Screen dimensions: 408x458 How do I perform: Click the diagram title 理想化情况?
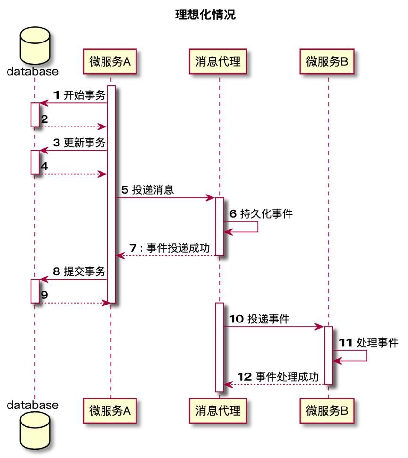(205, 15)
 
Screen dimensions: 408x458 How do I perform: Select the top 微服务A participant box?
(110, 61)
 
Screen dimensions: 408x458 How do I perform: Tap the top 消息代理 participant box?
(218, 61)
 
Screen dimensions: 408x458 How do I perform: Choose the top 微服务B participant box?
(327, 61)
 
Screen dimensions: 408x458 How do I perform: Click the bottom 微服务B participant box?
(327, 411)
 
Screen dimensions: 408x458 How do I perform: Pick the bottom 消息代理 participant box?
(218, 411)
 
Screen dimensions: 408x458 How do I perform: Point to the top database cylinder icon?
(35, 46)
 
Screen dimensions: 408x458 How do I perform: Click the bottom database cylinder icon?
(35, 430)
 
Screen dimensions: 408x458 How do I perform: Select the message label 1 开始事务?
(79, 95)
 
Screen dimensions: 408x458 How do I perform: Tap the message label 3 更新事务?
(79, 143)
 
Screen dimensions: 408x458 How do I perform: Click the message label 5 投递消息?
(147, 190)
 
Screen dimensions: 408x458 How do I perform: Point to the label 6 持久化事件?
(261, 213)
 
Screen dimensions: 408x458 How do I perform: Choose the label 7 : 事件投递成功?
(170, 248)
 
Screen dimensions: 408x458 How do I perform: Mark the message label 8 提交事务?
(79, 271)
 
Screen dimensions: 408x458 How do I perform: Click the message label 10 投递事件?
(259, 319)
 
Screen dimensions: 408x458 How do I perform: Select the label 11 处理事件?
(369, 342)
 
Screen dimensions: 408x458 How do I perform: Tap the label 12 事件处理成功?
(278, 376)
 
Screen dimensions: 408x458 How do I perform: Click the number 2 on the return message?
(44, 119)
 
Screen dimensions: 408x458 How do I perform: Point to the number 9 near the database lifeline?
(44, 295)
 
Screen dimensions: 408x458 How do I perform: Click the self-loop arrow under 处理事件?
(367, 356)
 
